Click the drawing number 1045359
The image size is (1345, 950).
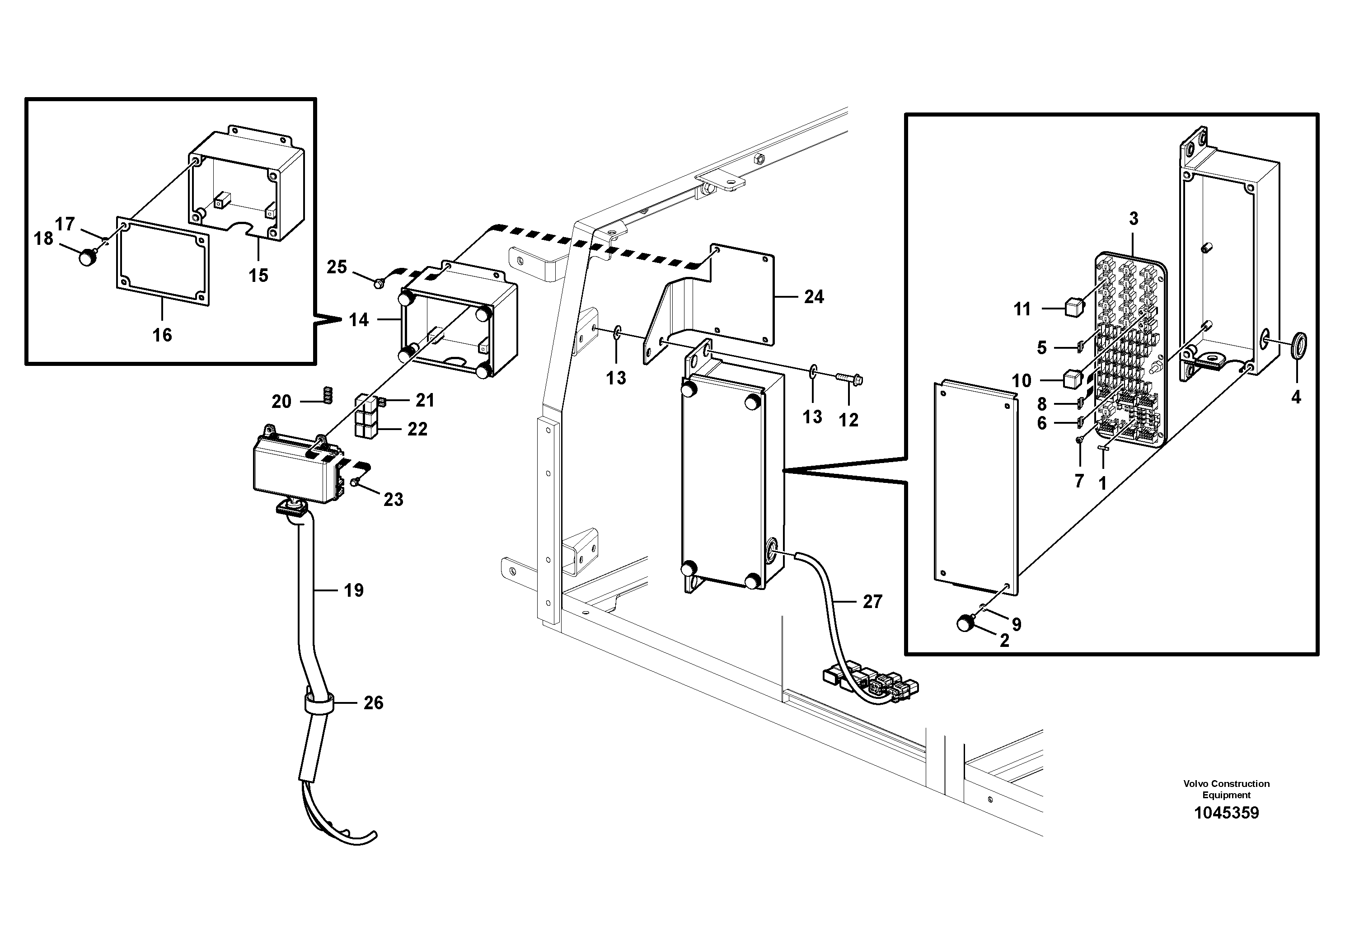pos(1226,813)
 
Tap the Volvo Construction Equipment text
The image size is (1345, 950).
pos(1226,789)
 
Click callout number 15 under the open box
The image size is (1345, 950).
pos(258,275)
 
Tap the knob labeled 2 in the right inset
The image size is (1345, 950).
pos(965,623)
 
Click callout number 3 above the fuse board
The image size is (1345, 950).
pos(1134,219)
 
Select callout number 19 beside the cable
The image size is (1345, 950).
pos(353,590)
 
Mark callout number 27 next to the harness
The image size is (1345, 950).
pos(872,602)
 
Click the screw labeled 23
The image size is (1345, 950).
pos(356,482)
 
